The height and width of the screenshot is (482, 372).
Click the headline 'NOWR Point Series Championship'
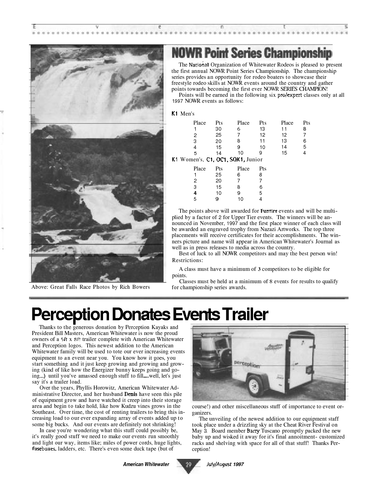251,53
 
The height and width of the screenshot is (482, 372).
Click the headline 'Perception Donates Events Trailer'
150,315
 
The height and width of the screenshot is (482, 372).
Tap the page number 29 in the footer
188,464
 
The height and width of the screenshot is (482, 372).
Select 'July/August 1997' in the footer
225,464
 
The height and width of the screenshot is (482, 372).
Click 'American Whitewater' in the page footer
146,464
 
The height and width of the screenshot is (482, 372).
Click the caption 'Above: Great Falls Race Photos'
90,287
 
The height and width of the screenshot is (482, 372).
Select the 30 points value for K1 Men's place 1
218,129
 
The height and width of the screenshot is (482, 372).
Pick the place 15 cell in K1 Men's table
284,153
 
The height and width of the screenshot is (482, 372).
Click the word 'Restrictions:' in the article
187,260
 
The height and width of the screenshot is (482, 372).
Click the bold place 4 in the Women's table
195,193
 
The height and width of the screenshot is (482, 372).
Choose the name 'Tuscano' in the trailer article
271,431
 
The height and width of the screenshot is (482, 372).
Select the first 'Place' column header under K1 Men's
199,123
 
